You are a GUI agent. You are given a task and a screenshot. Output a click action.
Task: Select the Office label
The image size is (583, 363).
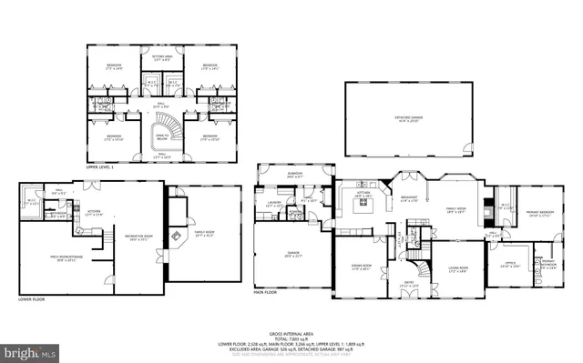pyautogui.click(x=512, y=264)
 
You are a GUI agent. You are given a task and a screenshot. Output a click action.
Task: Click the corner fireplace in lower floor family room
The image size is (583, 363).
pyautogui.click(x=179, y=218)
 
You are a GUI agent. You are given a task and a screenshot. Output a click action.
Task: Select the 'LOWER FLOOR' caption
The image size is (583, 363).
pyautogui.click(x=31, y=297)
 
